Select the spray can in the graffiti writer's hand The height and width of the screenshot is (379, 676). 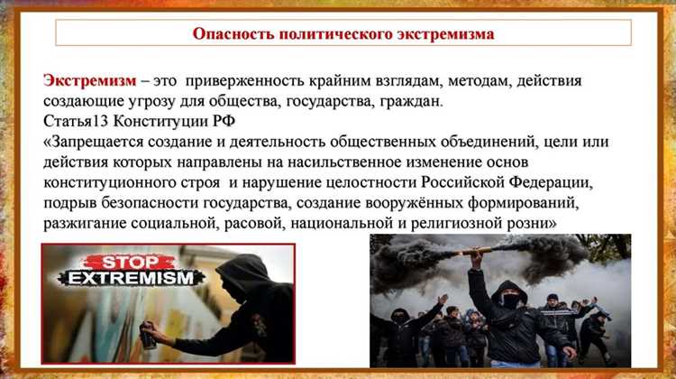[148, 338]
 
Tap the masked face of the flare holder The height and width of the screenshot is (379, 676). [511, 300]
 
